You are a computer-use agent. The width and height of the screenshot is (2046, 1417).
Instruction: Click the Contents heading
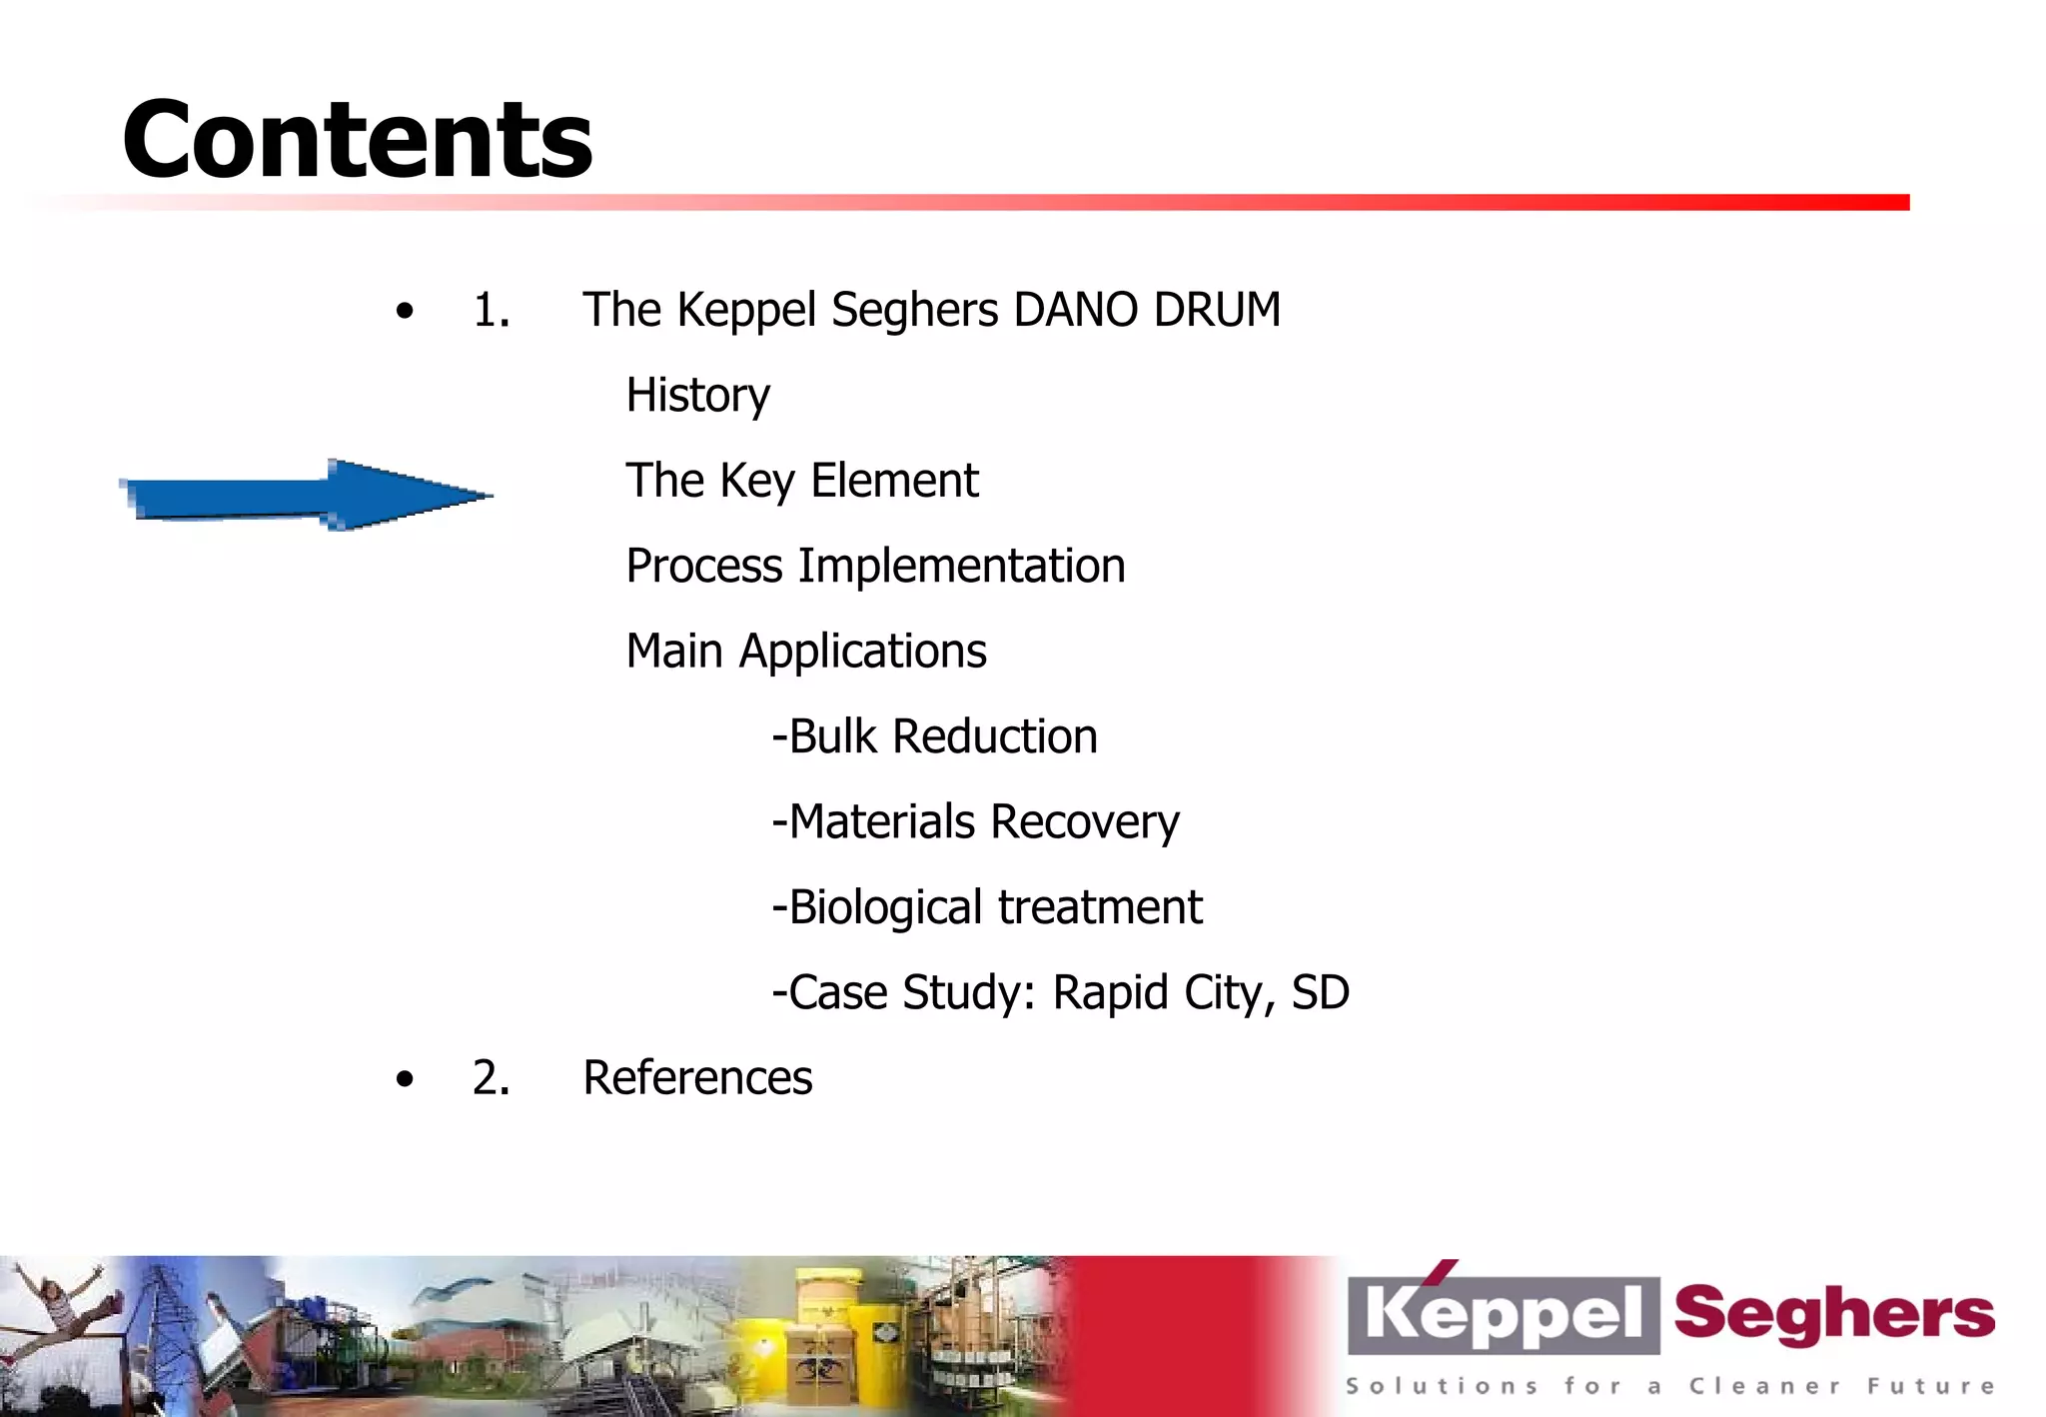357,140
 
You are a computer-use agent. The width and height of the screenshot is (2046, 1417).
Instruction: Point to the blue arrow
300,496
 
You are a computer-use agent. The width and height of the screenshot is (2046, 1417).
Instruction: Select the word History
697,396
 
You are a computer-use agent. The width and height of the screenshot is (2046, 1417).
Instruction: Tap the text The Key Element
801,481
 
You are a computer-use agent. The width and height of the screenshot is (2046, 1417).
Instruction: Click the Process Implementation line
875,567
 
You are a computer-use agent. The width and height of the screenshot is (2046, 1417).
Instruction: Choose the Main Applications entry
805,652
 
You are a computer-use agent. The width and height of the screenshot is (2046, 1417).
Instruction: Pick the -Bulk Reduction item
934,737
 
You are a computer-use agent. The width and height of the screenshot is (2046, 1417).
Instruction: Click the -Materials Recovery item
975,822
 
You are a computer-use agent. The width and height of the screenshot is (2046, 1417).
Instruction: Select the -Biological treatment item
987,907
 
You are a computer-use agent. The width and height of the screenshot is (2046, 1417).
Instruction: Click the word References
697,1078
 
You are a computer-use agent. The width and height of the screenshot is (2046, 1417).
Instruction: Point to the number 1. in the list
491,311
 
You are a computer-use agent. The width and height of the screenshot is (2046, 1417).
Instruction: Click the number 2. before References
491,1078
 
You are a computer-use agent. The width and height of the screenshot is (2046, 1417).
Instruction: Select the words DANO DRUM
1146,310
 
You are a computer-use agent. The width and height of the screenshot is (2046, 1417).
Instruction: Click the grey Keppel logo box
1502,1314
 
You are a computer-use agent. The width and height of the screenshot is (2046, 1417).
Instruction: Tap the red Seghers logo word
1833,1314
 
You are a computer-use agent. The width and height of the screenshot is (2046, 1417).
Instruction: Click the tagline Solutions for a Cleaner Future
1668,1386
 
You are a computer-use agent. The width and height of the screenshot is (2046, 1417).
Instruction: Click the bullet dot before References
404,1079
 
